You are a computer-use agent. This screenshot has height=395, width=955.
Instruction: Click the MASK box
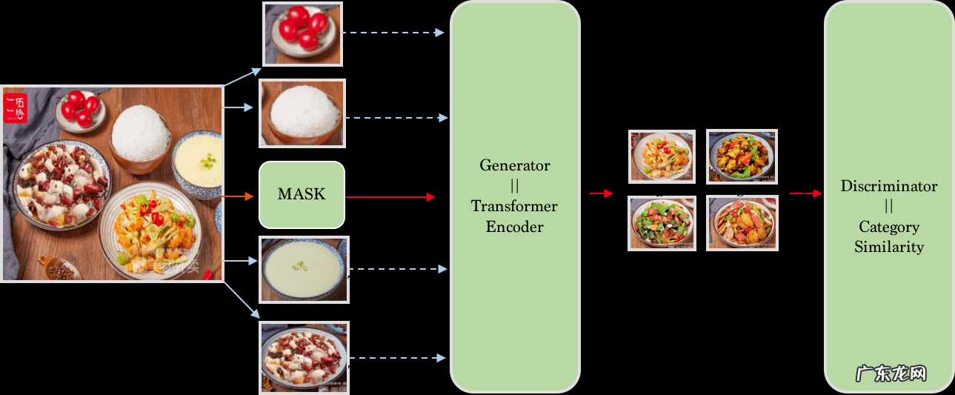(302, 194)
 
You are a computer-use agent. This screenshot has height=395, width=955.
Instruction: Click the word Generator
(515, 165)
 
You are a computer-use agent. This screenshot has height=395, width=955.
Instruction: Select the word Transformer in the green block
(514, 206)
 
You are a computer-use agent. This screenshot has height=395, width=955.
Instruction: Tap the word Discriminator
(889, 186)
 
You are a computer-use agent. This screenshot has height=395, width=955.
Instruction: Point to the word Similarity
(889, 247)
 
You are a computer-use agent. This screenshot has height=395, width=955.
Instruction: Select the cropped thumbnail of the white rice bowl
(302, 114)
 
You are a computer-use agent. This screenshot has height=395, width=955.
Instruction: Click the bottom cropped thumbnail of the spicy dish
(304, 357)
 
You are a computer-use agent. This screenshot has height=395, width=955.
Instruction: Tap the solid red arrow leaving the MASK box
(390, 196)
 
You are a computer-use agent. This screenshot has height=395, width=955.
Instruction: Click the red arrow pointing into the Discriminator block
(805, 193)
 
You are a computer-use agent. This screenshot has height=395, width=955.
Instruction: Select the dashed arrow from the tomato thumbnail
(395, 33)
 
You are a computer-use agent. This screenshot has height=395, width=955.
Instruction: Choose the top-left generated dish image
(662, 156)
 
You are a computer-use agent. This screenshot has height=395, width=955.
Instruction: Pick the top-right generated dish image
(742, 156)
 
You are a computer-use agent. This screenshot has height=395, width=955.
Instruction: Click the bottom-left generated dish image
(662, 222)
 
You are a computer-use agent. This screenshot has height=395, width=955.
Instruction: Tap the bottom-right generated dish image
(742, 222)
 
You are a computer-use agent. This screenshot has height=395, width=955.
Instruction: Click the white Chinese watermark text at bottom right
(891, 373)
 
